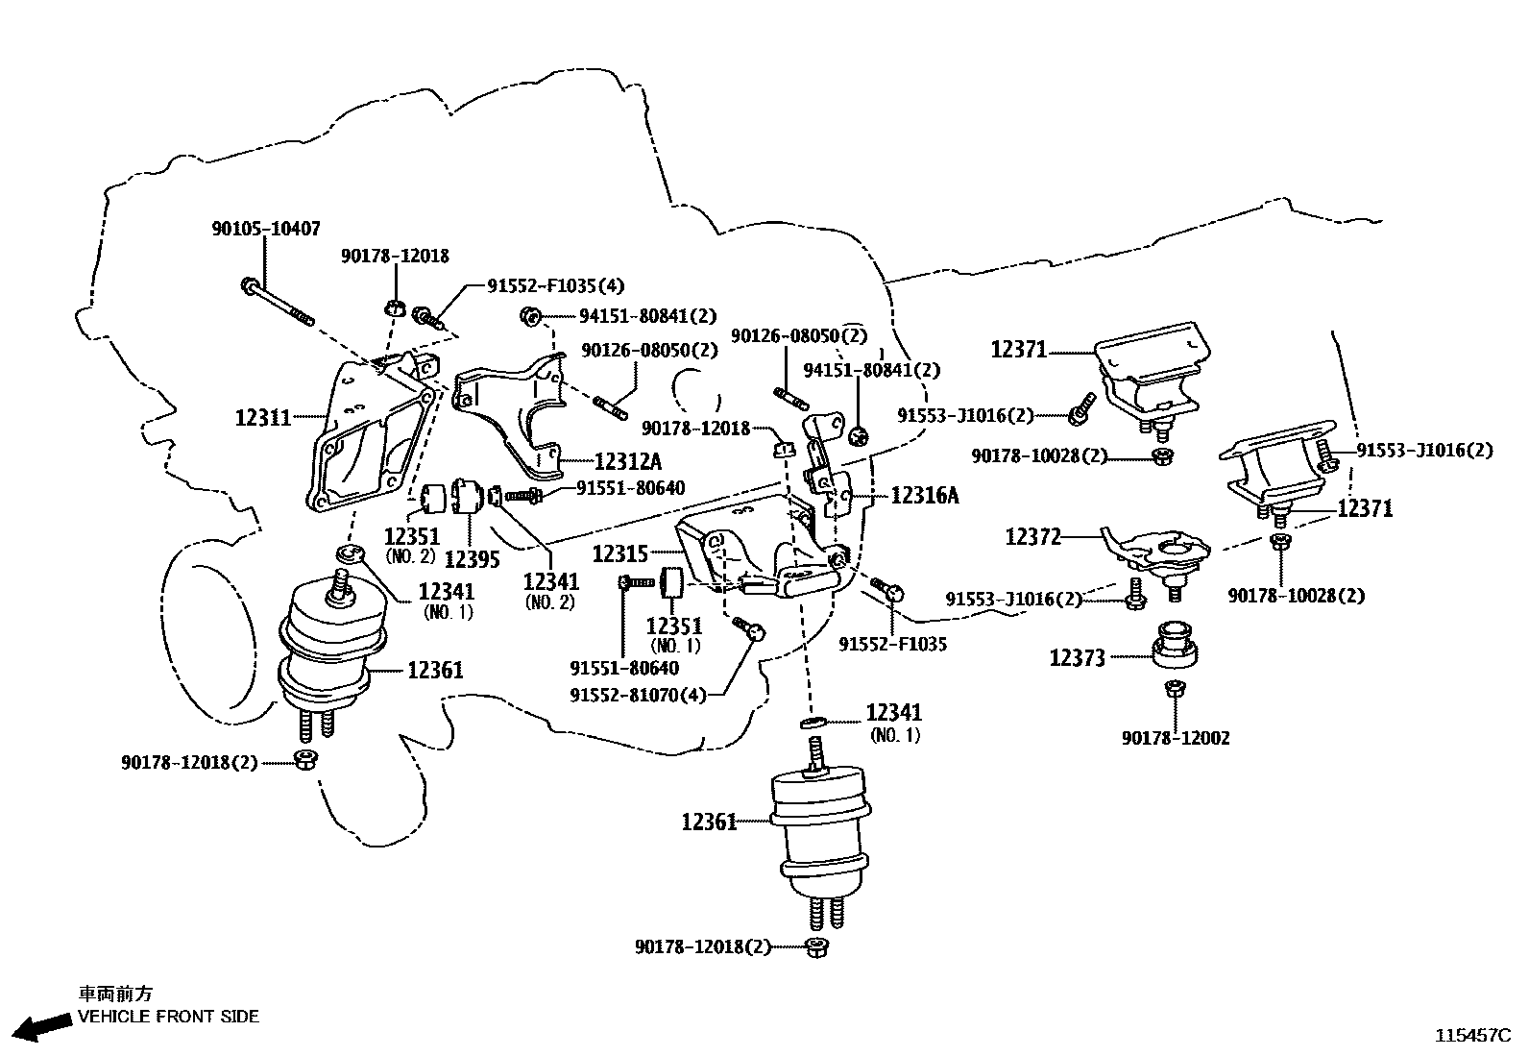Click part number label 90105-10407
[x=266, y=230]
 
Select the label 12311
[x=262, y=418]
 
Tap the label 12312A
[x=627, y=461]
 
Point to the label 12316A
[x=925, y=495]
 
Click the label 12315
[x=620, y=553]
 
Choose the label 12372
[x=1033, y=537]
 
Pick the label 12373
[x=1077, y=658]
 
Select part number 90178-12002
[x=1175, y=738]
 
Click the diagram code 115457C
[x=1473, y=1035]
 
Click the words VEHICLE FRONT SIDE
[x=168, y=1017]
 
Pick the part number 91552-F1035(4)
[x=555, y=285]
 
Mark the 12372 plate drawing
[x=1157, y=551]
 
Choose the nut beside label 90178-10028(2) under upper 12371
[x=1162, y=456]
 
